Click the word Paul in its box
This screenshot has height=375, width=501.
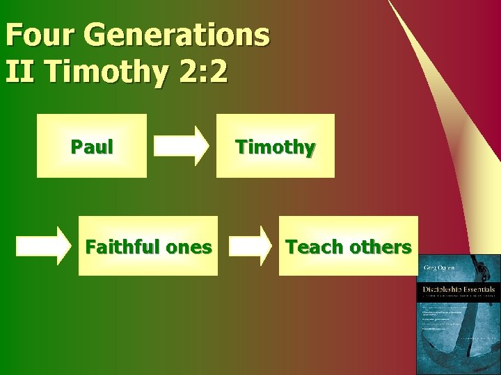pos(92,147)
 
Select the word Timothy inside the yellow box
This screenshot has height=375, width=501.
pos(276,147)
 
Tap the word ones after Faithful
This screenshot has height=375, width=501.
pos(189,247)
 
